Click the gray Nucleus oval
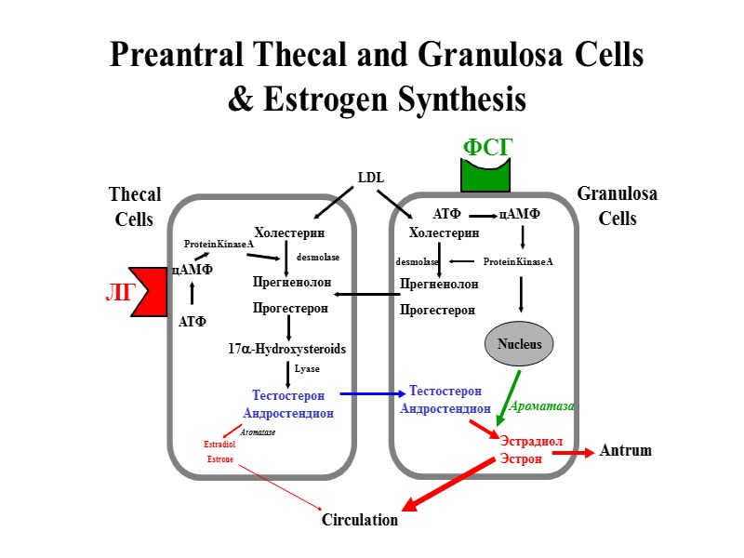pyautogui.click(x=519, y=344)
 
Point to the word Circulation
pyautogui.click(x=360, y=520)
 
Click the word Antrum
pyautogui.click(x=626, y=451)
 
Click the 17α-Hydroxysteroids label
pyautogui.click(x=286, y=349)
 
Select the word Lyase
pyautogui.click(x=307, y=369)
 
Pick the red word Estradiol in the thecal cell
pyautogui.click(x=219, y=445)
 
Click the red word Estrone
pyautogui.click(x=219, y=459)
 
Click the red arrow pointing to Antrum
pyautogui.click(x=573, y=453)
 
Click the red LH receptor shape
pyautogui.click(x=149, y=291)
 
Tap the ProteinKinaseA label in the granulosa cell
pyautogui.click(x=518, y=261)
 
